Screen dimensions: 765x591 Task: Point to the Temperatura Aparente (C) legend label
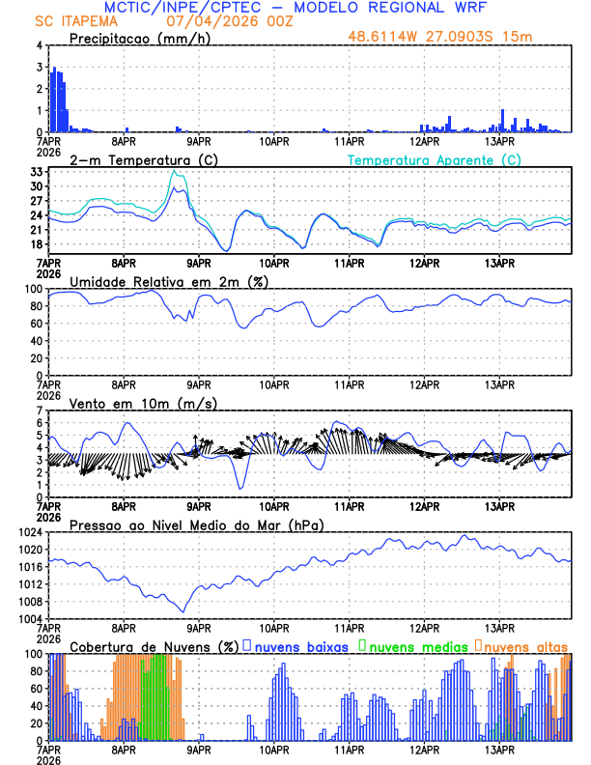pyautogui.click(x=434, y=159)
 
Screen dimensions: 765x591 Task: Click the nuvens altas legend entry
pyautogui.click(x=525, y=645)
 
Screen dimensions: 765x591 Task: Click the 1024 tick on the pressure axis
pyautogui.click(x=29, y=532)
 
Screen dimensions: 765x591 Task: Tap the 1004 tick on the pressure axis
pyautogui.click(x=29, y=619)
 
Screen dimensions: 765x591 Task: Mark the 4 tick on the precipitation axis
pyautogui.click(x=39, y=45)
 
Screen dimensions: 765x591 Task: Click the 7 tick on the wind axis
pyautogui.click(x=39, y=411)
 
